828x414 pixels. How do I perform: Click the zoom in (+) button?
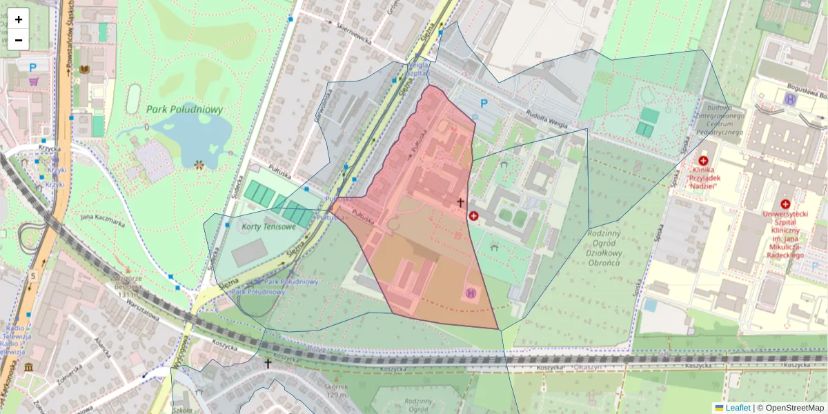click(19, 19)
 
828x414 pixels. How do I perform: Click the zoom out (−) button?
click(19, 40)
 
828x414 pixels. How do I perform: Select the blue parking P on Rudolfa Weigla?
click(484, 104)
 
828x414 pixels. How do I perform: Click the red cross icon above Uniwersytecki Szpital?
click(785, 204)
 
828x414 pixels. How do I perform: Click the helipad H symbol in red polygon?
click(472, 293)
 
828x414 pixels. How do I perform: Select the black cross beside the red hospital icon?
click(461, 202)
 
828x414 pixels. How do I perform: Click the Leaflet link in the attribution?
click(738, 408)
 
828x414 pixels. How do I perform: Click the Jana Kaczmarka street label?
click(102, 221)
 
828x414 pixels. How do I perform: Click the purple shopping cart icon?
click(34, 81)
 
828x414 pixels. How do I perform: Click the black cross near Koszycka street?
click(268, 363)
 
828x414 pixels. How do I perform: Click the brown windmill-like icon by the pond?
click(199, 165)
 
